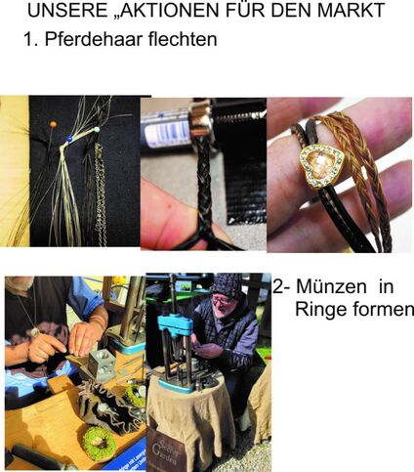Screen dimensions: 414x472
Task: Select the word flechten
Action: [x=183, y=39]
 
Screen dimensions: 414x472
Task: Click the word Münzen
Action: [x=331, y=286]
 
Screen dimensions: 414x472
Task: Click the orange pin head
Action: [x=53, y=124]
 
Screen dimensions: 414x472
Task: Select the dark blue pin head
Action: [x=69, y=139]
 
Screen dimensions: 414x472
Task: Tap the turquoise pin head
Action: [x=97, y=129]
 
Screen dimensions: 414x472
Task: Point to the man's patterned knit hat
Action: [x=227, y=283]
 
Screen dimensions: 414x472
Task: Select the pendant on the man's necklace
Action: [x=35, y=332]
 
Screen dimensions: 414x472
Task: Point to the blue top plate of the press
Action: [x=179, y=323]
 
